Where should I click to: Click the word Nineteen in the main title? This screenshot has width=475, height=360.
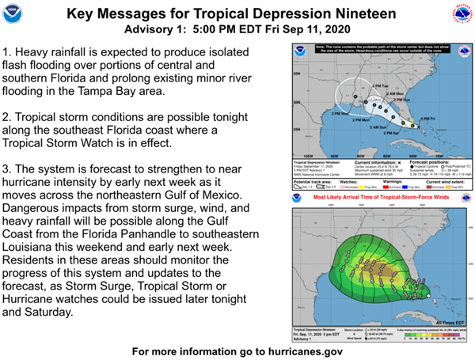point(359,13)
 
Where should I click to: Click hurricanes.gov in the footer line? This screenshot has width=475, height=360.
point(304,350)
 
